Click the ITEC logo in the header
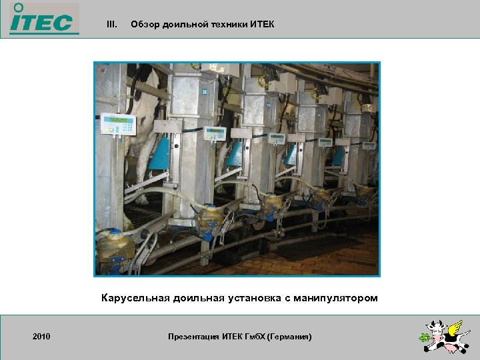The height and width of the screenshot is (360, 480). (x=41, y=18)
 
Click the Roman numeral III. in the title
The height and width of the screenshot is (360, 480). (x=112, y=25)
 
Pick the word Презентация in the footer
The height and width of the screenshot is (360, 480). (x=194, y=337)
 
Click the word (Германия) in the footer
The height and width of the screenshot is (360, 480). (x=289, y=337)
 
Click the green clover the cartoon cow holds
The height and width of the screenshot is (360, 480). (x=424, y=338)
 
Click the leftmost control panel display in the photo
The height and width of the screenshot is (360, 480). (x=118, y=124)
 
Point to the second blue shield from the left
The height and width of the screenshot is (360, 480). (x=234, y=153)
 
